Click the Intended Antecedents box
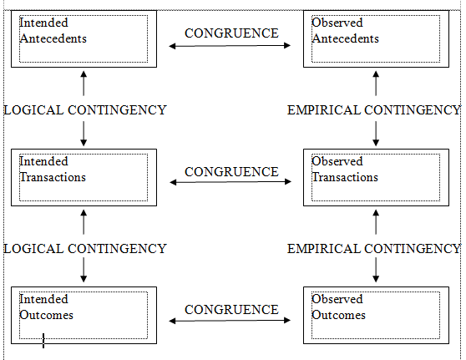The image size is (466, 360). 84,38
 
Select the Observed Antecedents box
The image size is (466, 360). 375,38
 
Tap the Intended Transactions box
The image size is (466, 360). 84,177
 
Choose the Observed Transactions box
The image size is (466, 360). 375,177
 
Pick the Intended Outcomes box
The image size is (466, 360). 84,315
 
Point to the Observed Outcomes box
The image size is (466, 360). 375,315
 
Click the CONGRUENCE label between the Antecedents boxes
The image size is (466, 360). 231,33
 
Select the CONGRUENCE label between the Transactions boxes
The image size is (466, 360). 231,171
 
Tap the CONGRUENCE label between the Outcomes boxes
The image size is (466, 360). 231,309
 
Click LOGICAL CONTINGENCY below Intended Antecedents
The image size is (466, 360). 84,109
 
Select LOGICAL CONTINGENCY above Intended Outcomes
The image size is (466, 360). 84,248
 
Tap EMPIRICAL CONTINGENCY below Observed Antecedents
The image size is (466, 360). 373,109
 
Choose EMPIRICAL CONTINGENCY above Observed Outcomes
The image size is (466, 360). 373,248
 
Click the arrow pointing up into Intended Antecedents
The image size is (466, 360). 84,82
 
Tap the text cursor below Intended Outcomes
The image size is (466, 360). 43,340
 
